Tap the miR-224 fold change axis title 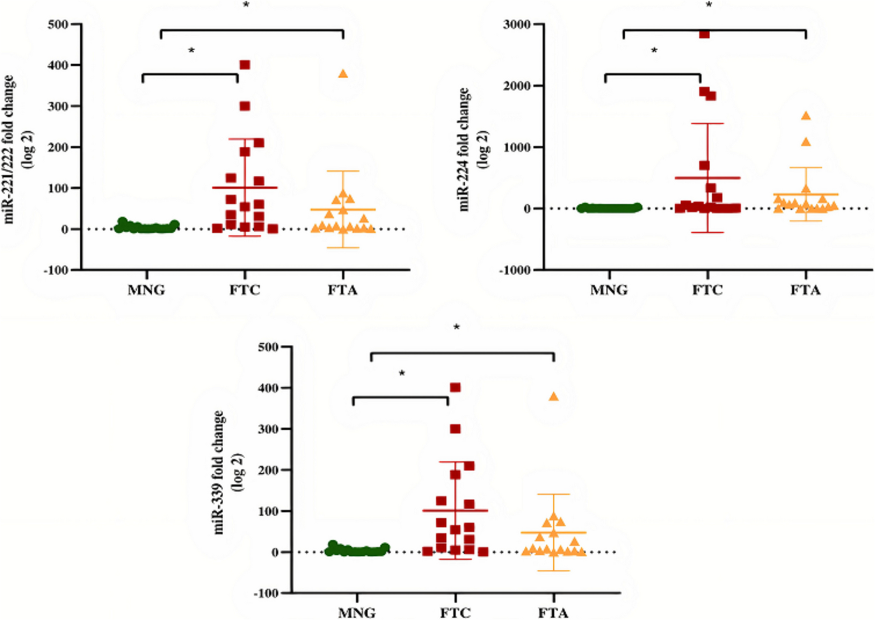[x=471, y=149]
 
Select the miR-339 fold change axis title [x=226, y=472]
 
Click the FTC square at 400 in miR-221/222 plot [x=245, y=65]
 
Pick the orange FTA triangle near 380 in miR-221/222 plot [x=343, y=74]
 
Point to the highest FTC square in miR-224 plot [x=704, y=34]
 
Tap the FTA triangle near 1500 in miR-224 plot [x=806, y=116]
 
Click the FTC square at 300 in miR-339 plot [x=455, y=429]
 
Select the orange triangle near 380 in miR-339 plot [x=554, y=397]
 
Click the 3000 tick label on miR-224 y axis [x=516, y=24]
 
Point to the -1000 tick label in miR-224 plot [x=515, y=270]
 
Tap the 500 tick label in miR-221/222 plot [x=57, y=24]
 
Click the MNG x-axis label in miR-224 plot [x=609, y=290]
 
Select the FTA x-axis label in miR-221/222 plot [x=343, y=290]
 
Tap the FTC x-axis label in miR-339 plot [x=455, y=613]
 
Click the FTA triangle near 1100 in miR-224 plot [x=806, y=142]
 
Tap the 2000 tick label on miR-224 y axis [x=516, y=86]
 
